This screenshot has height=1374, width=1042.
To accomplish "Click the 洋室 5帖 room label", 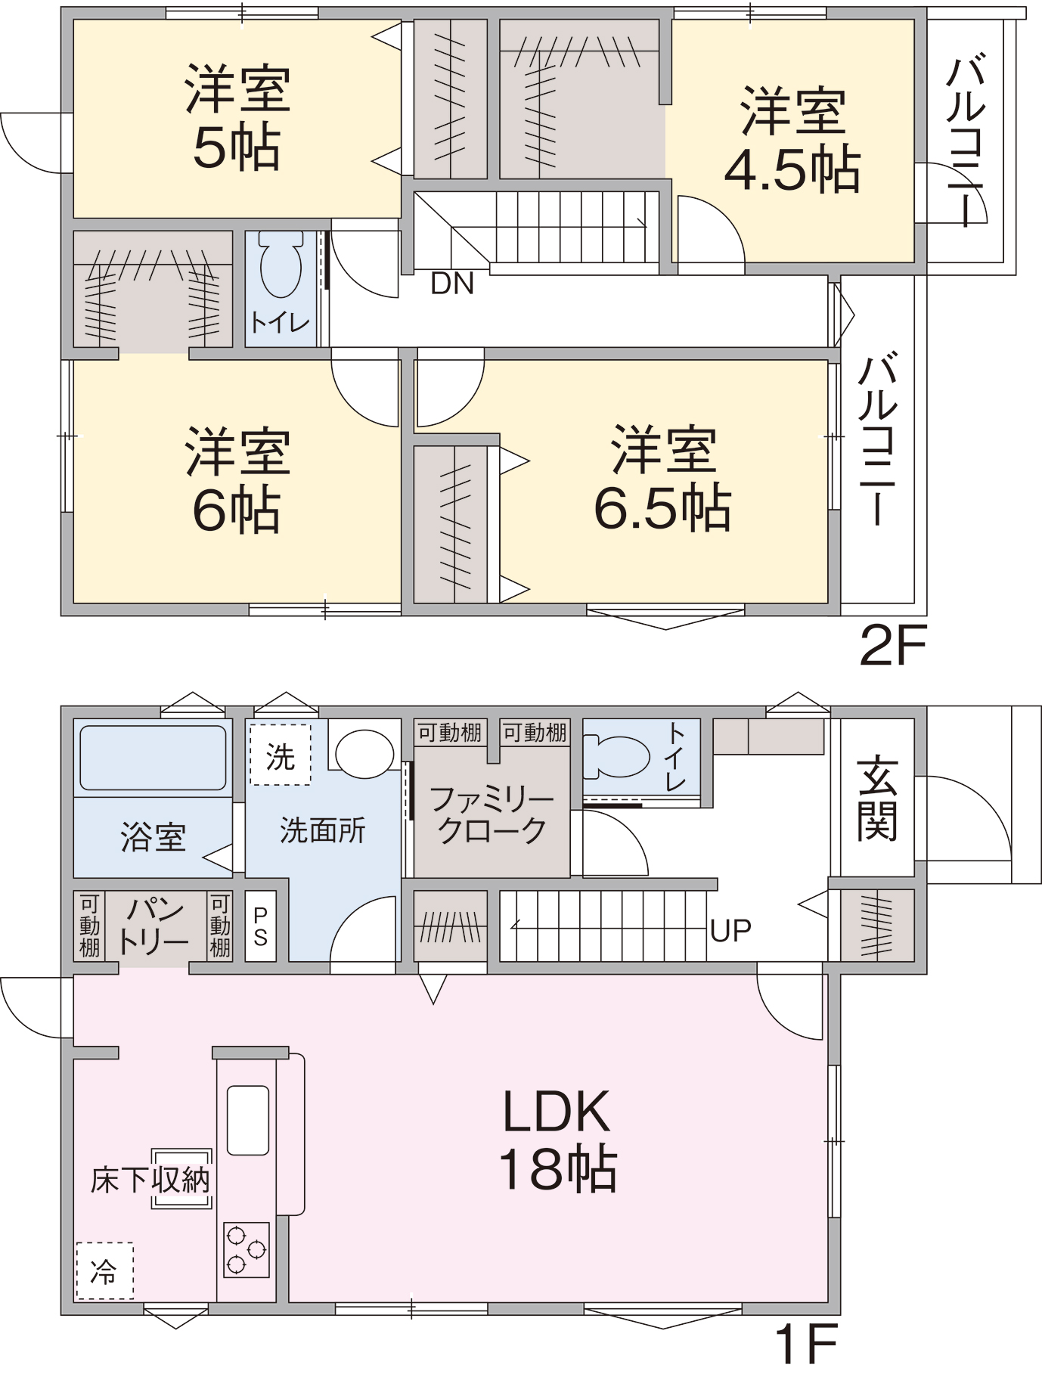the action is [x=237, y=119].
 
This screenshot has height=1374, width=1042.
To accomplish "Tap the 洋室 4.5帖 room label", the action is [x=792, y=140].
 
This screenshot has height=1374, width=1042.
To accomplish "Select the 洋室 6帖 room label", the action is [x=237, y=481].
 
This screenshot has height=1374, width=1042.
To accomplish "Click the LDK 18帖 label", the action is [x=557, y=1140].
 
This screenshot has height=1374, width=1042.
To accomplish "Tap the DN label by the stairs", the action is [x=452, y=284].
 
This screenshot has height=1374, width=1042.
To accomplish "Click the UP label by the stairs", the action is [x=730, y=931].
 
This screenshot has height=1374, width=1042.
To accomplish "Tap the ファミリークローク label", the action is [x=492, y=815].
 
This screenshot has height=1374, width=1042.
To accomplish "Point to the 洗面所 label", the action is [x=323, y=830].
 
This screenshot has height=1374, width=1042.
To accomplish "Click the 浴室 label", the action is [x=154, y=837].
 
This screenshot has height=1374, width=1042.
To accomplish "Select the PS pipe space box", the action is [x=261, y=926].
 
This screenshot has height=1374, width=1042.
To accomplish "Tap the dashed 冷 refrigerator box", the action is [x=104, y=1271].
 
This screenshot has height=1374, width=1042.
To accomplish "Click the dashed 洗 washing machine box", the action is [x=281, y=755].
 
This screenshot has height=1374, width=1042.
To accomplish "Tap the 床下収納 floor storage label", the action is [x=150, y=1180].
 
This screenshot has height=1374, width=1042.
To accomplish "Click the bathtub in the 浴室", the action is [x=153, y=758].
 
